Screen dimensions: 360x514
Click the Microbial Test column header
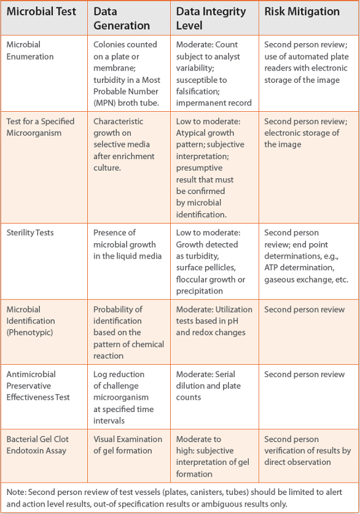click(41, 12)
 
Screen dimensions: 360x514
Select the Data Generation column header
click(122, 18)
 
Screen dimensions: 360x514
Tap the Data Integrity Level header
click(211, 18)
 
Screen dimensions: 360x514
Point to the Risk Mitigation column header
click(302, 12)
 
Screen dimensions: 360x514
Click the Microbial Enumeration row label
click(30, 50)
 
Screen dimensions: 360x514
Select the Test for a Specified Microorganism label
click(40, 127)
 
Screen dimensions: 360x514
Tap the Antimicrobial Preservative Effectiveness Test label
click(38, 386)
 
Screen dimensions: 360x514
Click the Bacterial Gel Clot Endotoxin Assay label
click(38, 445)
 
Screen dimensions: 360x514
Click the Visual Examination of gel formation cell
click(127, 445)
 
